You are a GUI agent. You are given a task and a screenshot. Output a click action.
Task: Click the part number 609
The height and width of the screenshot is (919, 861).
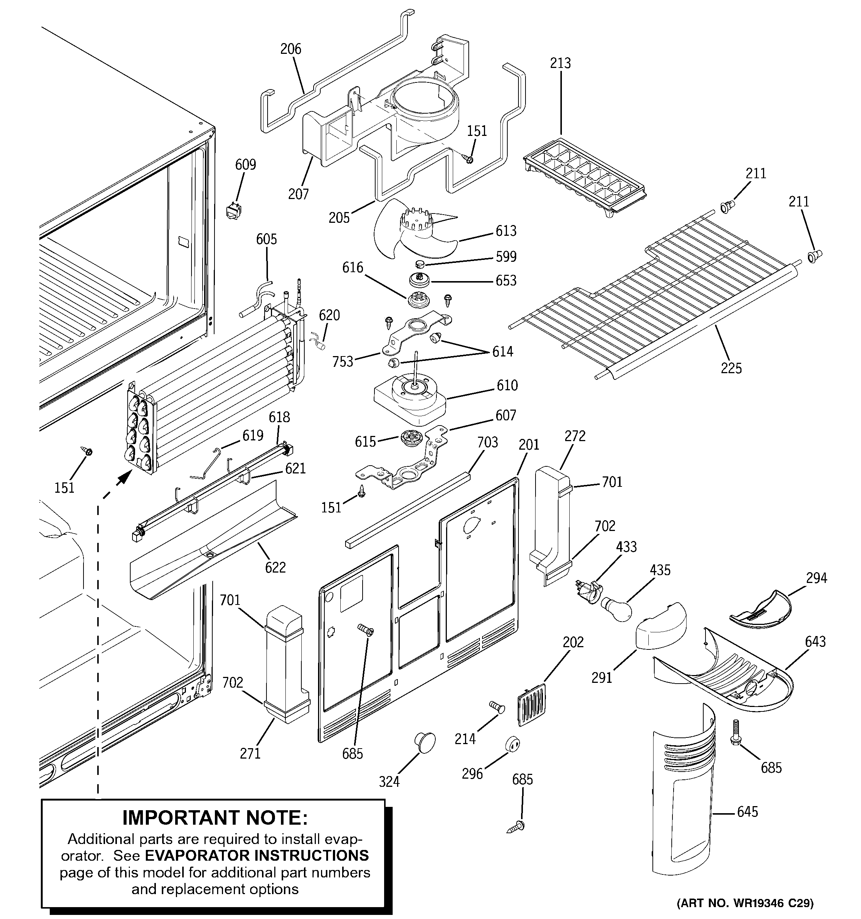[245, 164]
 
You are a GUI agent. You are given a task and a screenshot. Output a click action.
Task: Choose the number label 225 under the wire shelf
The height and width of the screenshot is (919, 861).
[731, 368]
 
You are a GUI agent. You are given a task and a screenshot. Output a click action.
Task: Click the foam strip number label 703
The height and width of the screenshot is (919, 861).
[488, 442]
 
